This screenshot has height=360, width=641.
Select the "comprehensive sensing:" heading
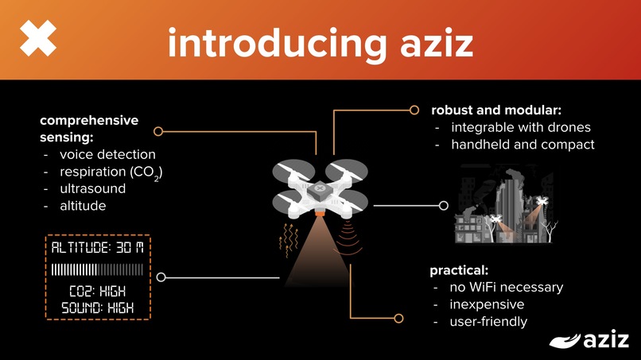coord(88,129)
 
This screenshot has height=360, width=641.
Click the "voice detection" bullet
coord(107,154)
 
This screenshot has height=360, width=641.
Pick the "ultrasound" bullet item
coord(92,188)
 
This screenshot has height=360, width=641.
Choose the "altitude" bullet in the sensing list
coord(83,206)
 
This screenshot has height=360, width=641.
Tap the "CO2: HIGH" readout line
coord(97,291)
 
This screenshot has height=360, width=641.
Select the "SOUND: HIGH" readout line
coord(97,307)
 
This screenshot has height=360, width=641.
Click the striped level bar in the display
coord(97,270)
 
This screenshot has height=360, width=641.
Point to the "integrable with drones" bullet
coord(521,127)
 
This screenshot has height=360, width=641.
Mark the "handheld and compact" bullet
coord(523,145)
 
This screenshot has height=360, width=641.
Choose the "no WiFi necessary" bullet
coord(507,287)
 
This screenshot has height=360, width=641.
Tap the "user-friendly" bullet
coord(488,321)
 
